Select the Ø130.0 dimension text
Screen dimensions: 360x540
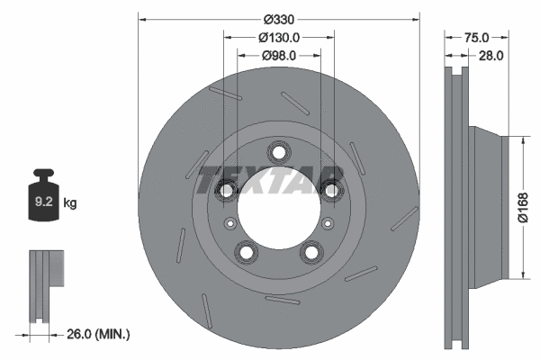click(279, 37)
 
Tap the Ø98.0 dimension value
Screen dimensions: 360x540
click(279, 55)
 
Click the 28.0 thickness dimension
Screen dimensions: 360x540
click(490, 55)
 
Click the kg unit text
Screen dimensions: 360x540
click(70, 203)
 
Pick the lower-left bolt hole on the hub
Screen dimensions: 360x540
click(246, 252)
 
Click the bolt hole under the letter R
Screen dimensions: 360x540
click(332, 189)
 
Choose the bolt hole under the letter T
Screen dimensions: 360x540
click(225, 189)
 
